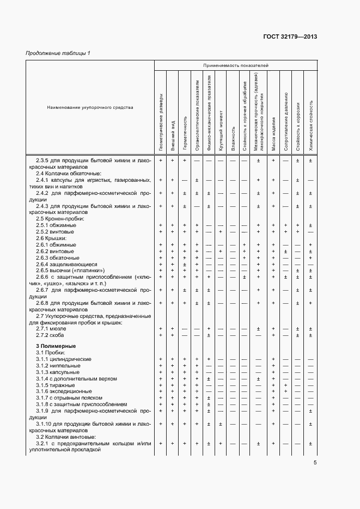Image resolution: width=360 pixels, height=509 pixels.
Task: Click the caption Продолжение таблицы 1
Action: pos(58,53)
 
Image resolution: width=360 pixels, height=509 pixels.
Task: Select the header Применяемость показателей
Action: pos(236,65)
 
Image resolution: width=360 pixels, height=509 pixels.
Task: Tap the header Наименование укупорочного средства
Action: pos(90,107)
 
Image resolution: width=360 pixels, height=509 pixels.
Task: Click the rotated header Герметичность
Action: pos(185,134)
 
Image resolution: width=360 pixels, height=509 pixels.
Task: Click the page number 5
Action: pos(315,463)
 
